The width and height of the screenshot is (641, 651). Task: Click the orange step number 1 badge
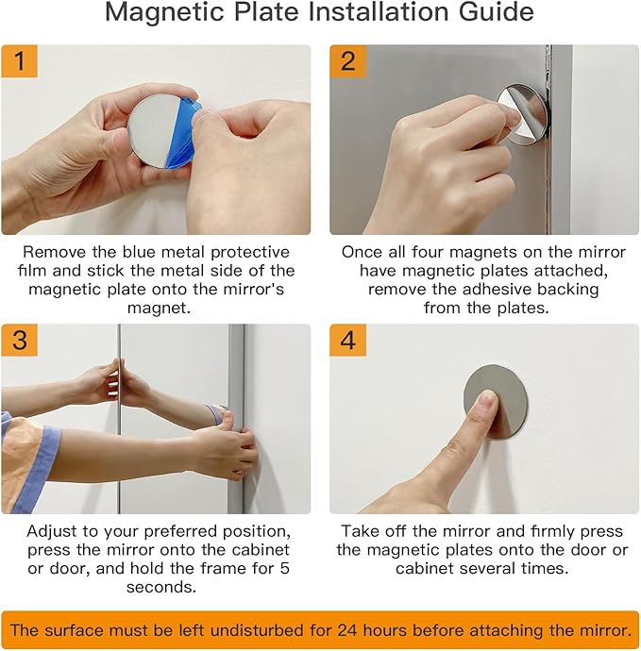coord(20,63)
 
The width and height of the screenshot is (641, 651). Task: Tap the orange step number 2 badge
coord(348,63)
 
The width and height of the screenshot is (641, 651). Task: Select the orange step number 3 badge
coord(20,341)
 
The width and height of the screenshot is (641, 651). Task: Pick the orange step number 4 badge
coord(348,341)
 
